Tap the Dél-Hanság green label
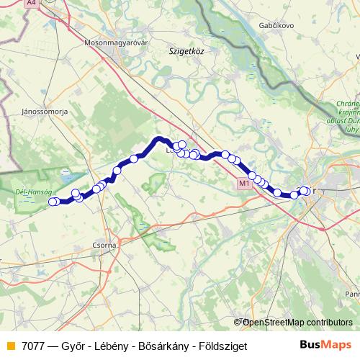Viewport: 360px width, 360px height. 30,192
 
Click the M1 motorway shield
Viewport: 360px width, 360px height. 243,184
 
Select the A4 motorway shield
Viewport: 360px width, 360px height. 32,4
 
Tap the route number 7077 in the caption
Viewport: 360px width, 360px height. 35,346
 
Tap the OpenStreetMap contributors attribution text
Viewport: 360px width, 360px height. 297,323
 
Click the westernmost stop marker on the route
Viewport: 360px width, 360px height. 52,202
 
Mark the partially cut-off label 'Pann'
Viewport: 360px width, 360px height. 352,294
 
